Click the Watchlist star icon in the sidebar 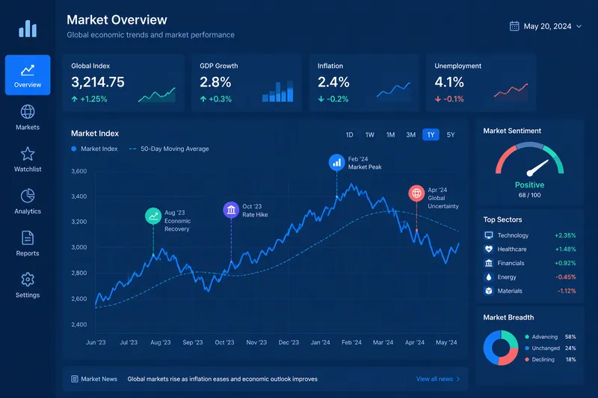pos(28,154)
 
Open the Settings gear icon pos(28,279)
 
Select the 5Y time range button pos(451,135)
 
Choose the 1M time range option pos(390,135)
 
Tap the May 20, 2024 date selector pos(546,26)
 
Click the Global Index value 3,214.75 pos(98,82)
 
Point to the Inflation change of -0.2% pos(333,99)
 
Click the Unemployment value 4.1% pos(449,82)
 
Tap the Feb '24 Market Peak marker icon pos(337,163)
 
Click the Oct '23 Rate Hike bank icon pos(231,210)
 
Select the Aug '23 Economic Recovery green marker pos(153,216)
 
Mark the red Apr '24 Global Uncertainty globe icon pos(416,193)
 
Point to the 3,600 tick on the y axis pos(79,172)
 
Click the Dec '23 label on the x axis pos(289,343)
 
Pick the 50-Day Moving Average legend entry pos(169,149)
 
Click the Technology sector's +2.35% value pos(565,235)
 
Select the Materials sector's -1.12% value pos(567,291)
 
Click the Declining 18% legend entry pos(550,359)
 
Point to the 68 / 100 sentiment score pos(529,195)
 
